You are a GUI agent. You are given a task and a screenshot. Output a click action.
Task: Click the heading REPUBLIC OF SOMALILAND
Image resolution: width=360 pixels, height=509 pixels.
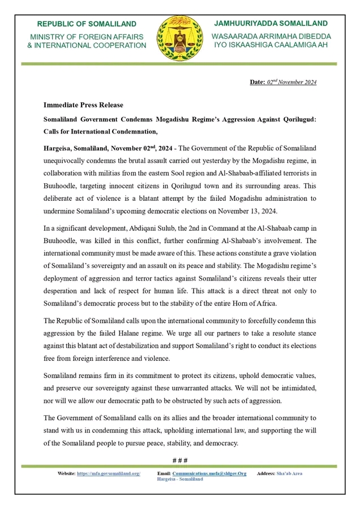87,24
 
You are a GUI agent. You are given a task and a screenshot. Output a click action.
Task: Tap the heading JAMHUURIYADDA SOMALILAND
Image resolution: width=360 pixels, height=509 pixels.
271,23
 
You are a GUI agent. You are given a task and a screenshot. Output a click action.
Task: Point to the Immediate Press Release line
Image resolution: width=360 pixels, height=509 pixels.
83,105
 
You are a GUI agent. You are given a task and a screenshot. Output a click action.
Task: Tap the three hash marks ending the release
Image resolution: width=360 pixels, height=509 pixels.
179,459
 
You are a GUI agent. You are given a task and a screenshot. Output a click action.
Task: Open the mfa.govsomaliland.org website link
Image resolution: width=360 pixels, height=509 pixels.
108,473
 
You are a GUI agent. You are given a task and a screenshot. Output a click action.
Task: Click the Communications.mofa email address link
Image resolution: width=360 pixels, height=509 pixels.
209,473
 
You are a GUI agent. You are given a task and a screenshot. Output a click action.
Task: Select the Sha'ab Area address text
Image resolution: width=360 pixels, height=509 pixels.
289,473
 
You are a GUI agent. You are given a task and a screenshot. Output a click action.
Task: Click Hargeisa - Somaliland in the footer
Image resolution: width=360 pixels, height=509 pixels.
179,479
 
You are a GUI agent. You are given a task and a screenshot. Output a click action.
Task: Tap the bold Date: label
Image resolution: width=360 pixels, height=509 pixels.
258,83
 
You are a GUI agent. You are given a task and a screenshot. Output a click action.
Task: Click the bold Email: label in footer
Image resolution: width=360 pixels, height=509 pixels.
164,473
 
